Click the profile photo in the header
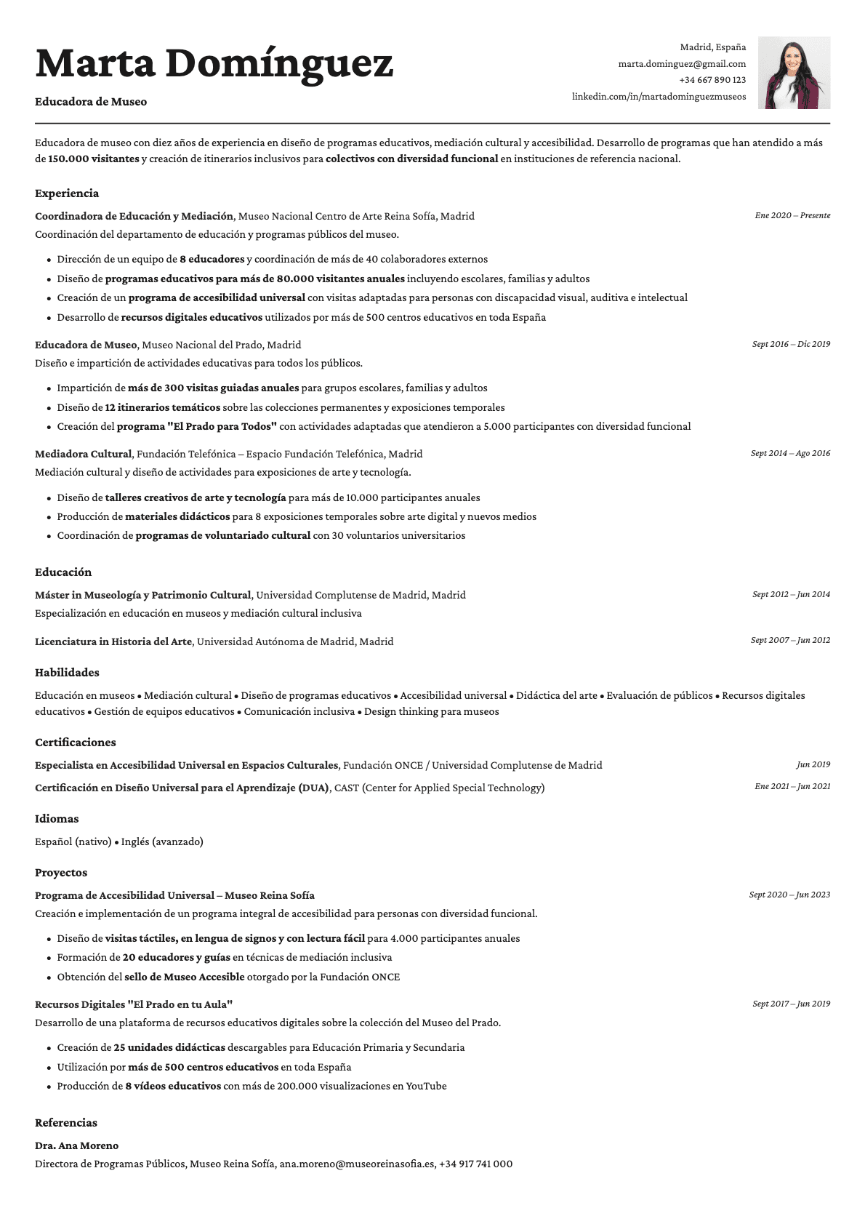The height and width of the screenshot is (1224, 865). [794, 73]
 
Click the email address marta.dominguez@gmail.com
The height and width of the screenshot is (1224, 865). [682, 64]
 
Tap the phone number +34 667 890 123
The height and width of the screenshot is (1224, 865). [712, 80]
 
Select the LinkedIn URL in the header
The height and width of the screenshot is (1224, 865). [659, 96]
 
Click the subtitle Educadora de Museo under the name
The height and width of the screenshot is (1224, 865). [91, 102]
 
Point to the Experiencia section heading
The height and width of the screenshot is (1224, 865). [67, 193]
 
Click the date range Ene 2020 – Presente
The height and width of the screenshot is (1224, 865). [792, 215]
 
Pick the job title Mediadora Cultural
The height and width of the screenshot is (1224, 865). [84, 454]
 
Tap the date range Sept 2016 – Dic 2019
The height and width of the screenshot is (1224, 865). [791, 344]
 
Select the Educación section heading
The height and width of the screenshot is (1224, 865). [63, 572]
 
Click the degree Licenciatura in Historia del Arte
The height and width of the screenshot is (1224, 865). [113, 641]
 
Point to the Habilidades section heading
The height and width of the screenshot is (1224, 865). [67, 673]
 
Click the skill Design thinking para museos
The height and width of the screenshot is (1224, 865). [432, 711]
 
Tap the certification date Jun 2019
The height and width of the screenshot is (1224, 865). [813, 764]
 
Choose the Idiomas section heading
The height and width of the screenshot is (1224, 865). [57, 819]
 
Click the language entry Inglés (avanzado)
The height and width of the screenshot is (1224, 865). [162, 841]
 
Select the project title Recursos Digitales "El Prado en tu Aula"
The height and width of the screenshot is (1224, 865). [134, 1004]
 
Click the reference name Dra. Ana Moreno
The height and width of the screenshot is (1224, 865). [76, 1145]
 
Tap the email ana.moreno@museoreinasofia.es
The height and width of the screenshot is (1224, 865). [357, 1164]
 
